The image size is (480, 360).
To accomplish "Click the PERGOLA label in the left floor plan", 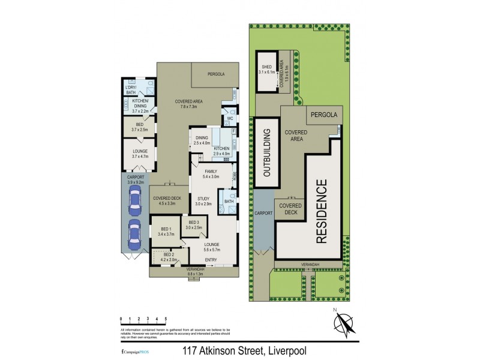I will click(216, 74).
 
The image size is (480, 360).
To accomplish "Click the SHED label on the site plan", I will click(266, 69).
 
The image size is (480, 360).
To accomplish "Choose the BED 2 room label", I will click(169, 257).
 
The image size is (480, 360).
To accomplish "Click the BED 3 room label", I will click(193, 225).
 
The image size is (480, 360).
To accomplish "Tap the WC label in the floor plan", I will click(229, 118).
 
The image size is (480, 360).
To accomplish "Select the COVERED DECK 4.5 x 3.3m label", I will click(164, 200).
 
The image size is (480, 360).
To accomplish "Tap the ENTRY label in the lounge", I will click(211, 260).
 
